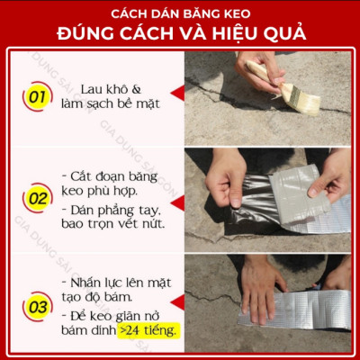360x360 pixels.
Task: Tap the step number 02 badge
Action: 37,197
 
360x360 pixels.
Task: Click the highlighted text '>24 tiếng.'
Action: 149,331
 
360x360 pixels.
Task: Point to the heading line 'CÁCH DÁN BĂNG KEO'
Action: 180,14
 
